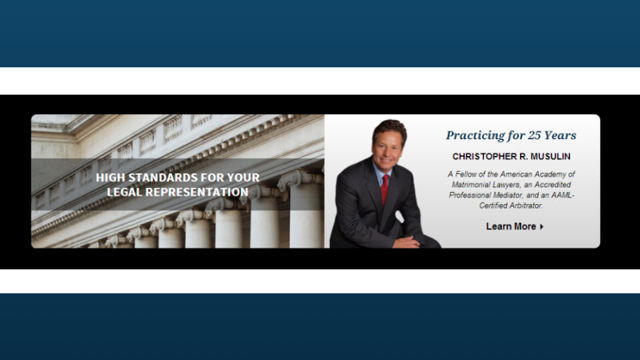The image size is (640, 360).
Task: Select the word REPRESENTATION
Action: point(197,192)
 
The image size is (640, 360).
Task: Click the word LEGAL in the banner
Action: point(124,192)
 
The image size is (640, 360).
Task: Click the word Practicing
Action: point(475,135)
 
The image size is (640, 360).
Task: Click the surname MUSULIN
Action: point(550,156)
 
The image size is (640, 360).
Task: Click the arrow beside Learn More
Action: point(541,227)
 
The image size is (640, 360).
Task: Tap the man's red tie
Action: point(385,189)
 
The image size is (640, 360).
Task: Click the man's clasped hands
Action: point(407,241)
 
